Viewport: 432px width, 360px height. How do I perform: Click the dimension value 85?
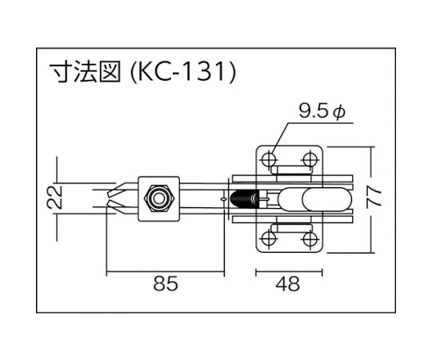coord(166,283)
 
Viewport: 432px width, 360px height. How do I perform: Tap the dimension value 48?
coord(288,284)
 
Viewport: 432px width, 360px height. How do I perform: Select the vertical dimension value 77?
coord(374,198)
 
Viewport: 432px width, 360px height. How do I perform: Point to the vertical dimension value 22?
coord(55,198)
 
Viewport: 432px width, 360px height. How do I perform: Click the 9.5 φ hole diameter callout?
coord(322,112)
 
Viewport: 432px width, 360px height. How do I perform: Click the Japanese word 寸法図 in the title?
coord(85,73)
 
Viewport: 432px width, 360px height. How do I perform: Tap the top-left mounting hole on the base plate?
coord(268,159)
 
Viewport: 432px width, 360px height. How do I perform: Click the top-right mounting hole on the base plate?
coord(310,159)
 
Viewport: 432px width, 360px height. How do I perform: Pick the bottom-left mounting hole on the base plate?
coord(268,238)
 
